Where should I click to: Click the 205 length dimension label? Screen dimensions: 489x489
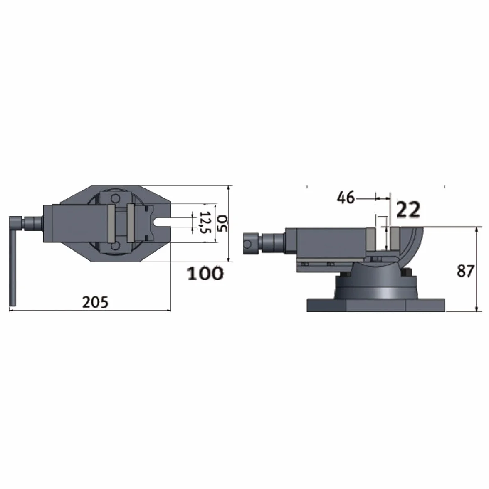[x=95, y=302]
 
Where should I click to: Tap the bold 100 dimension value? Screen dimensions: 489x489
[x=205, y=273]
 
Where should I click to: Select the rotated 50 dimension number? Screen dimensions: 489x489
[x=222, y=223]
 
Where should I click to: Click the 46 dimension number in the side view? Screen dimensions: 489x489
[x=346, y=198]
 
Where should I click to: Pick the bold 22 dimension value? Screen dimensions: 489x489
[x=408, y=210]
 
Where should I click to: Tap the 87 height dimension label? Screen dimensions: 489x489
[x=466, y=271]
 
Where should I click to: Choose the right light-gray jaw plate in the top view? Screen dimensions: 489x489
[x=131, y=223]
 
